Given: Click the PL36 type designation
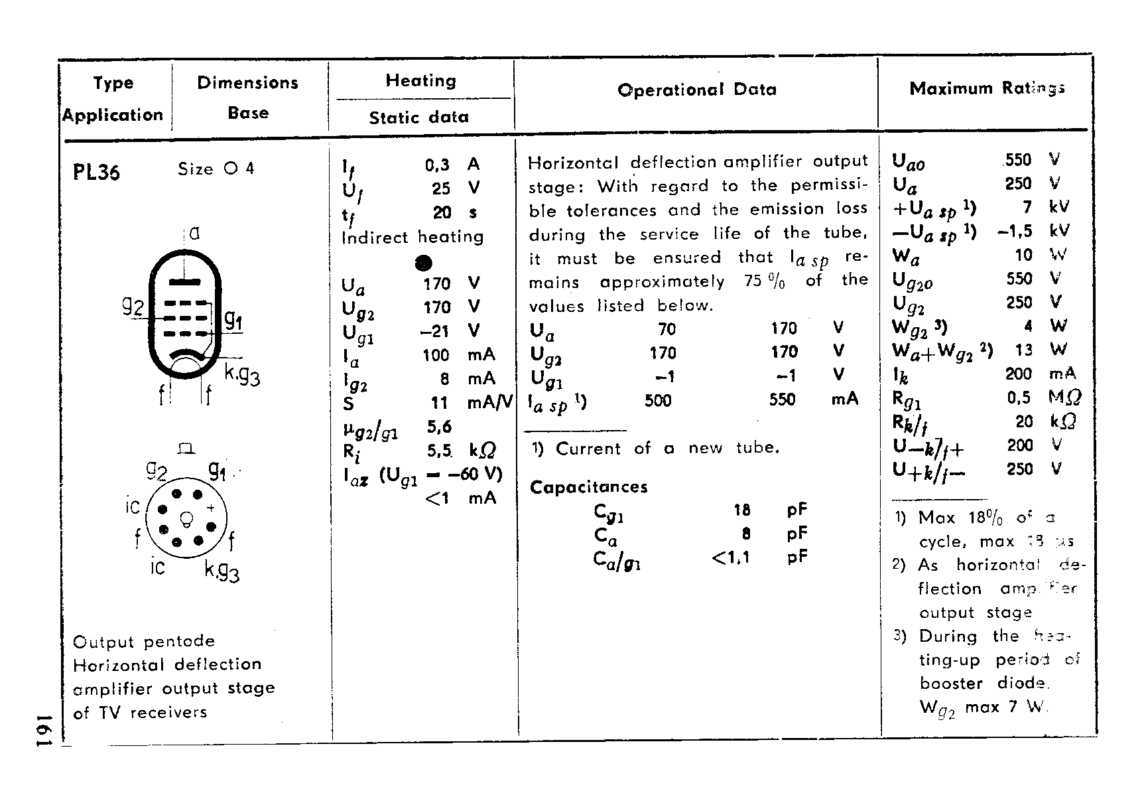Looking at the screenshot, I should click(96, 172).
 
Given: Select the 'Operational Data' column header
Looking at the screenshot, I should click(696, 90).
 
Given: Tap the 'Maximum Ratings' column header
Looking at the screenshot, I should click(987, 88).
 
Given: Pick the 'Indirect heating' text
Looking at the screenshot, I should click(412, 237).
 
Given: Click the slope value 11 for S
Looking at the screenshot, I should click(439, 403).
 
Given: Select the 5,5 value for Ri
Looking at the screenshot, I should click(439, 451).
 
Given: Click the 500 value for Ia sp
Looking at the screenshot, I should click(658, 400).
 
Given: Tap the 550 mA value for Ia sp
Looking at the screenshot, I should click(783, 400).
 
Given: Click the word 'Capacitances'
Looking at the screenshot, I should click(588, 487).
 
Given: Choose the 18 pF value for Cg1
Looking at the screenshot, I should click(741, 510).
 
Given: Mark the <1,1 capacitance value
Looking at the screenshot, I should click(730, 557).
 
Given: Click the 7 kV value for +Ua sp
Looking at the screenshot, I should click(1027, 207).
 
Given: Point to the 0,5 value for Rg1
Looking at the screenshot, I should click(1018, 398).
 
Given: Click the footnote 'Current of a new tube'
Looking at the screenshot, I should click(667, 448).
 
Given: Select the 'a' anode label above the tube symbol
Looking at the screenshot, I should click(194, 233).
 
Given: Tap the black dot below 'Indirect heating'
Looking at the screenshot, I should click(423, 263).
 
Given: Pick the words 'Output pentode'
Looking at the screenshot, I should click(144, 641).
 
